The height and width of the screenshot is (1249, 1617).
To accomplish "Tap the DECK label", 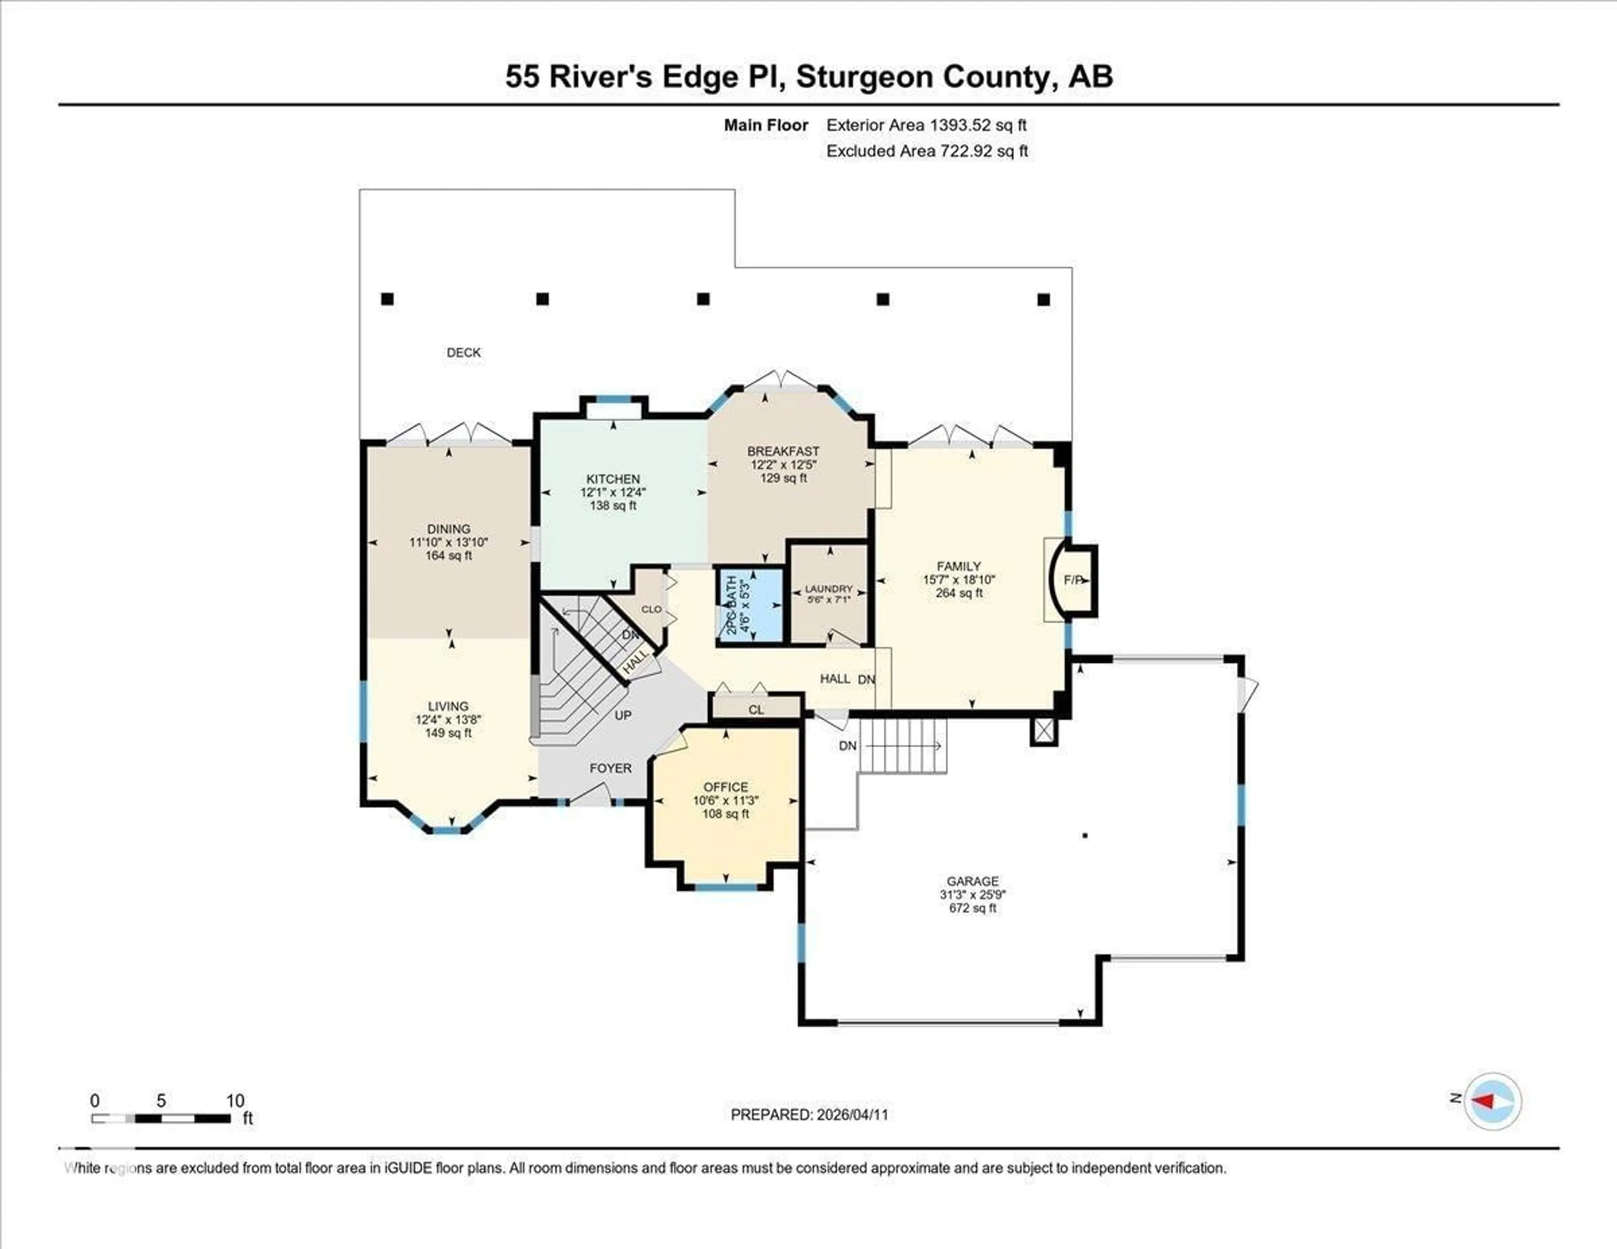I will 464,352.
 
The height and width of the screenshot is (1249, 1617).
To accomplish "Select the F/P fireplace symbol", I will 1073,580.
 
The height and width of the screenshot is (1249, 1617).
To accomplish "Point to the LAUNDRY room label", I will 828,589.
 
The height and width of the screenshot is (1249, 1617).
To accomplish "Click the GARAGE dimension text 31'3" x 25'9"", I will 972,894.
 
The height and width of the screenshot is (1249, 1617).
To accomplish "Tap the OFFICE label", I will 726,787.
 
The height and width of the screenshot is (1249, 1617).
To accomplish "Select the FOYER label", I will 610,769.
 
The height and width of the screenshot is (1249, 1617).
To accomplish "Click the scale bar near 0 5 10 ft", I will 161,1118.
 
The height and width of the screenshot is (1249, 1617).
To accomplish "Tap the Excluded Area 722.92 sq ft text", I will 926,151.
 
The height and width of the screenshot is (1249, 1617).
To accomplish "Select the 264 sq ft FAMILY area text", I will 959,593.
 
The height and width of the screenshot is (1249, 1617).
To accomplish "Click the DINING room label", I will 448,528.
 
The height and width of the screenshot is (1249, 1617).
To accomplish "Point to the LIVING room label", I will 448,706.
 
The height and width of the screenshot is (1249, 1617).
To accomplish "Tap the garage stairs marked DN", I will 902,745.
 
